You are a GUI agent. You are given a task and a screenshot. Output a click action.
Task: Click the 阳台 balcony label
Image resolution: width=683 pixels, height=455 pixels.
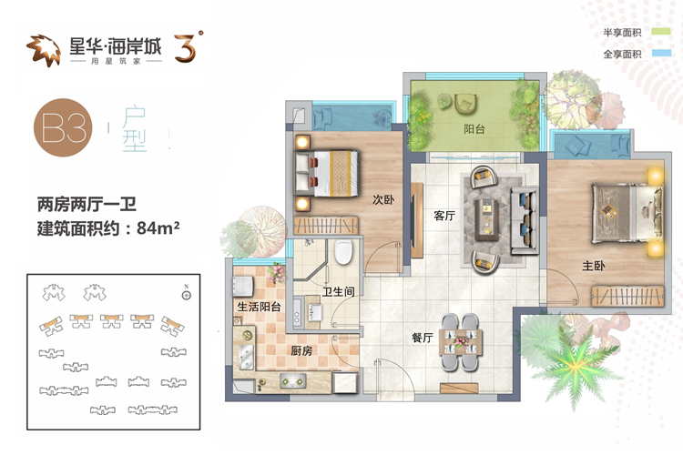(474, 129)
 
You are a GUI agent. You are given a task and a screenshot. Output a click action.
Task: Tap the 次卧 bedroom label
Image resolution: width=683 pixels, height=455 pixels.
(383, 199)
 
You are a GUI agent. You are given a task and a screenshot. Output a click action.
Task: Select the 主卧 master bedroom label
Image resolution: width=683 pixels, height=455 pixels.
(593, 266)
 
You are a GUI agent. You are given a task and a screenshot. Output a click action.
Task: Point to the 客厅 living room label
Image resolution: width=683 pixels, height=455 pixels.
(444, 215)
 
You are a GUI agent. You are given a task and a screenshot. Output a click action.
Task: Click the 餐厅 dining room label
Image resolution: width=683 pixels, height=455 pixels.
(422, 337)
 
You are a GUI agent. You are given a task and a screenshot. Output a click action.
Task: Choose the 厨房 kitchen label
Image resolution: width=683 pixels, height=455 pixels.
(301, 350)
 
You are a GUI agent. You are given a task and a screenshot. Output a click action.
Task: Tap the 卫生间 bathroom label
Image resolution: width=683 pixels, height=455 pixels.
(339, 291)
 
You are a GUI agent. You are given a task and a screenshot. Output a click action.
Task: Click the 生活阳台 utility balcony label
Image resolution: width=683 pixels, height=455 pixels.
(259, 307)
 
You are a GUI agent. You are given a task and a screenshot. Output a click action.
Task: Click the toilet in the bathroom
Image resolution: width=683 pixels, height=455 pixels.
(343, 252)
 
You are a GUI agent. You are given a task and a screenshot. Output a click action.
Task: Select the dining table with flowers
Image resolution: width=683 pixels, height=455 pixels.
(460, 342)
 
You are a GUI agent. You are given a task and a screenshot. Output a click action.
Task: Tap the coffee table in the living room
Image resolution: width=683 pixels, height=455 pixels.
(488, 218)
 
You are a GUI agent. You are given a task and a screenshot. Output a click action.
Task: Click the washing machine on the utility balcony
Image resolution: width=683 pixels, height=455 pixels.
(242, 286)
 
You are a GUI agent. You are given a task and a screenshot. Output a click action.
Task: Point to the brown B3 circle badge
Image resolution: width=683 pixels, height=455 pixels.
(63, 127)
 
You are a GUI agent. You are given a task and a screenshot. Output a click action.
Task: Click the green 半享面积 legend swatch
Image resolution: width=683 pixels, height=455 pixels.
(661, 31)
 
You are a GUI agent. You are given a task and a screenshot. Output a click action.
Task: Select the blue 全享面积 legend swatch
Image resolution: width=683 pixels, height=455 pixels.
(661, 53)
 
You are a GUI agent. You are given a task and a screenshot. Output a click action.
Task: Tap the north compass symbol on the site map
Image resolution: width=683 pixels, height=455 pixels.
(187, 296)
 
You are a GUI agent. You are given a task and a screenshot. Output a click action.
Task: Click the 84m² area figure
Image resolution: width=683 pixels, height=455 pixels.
(158, 227)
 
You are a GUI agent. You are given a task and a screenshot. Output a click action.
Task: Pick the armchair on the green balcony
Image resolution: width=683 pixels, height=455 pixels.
(464, 104)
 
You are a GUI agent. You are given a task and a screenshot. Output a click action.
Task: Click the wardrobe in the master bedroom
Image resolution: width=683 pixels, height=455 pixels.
(627, 296)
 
